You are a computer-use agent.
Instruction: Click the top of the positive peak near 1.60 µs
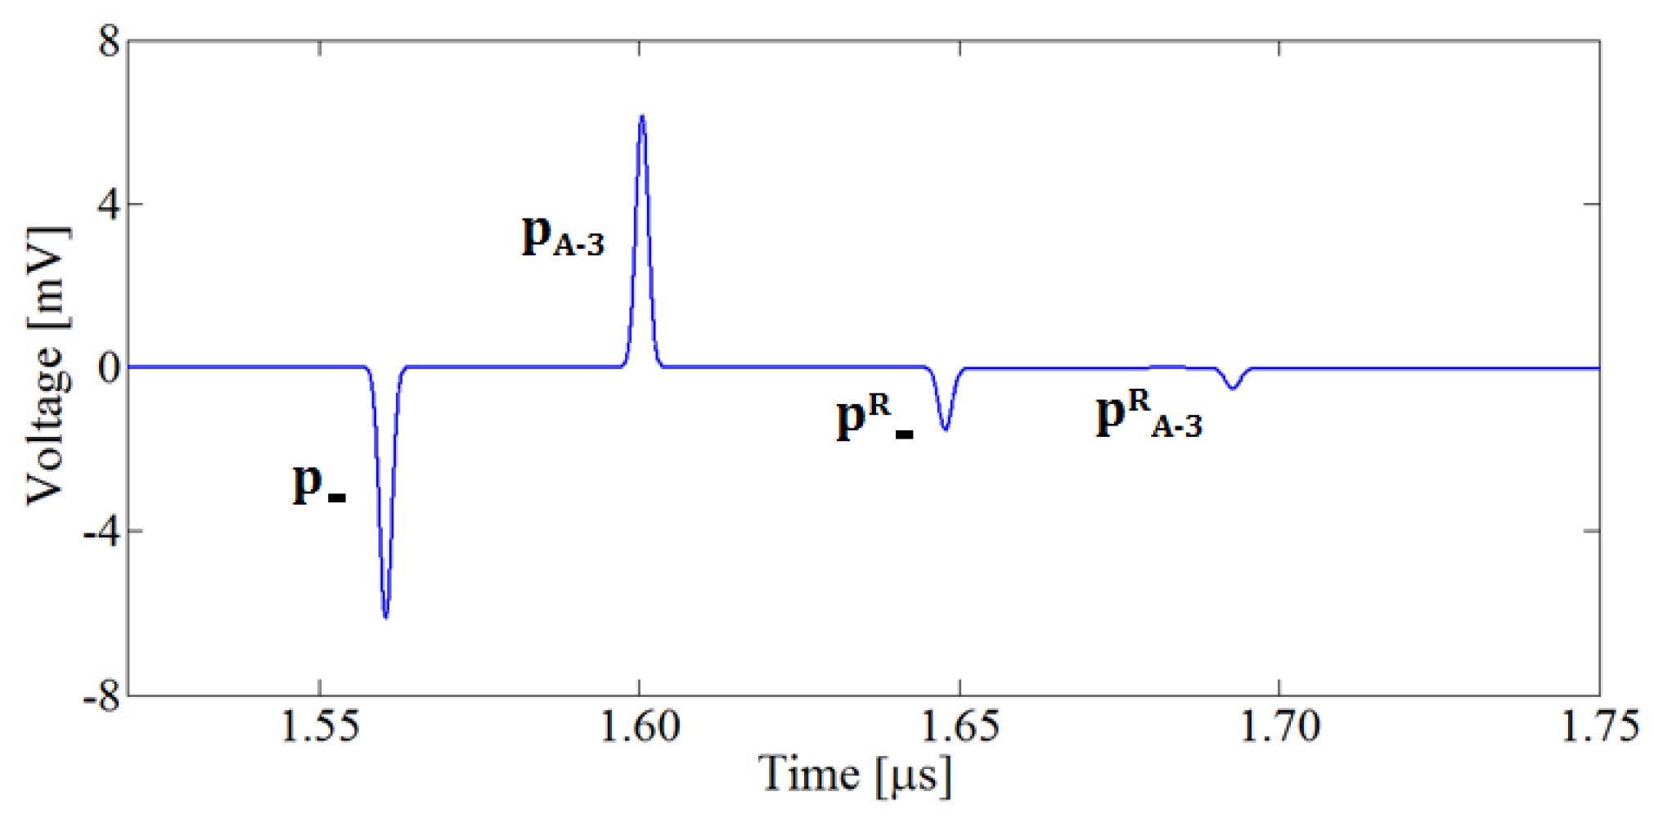[x=642, y=116]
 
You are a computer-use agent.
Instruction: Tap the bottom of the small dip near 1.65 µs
[x=946, y=429]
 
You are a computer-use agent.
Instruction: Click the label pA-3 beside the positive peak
[x=563, y=236]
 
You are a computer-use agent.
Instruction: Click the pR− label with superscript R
[x=874, y=417]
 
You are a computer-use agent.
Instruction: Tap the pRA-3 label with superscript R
[x=1149, y=415]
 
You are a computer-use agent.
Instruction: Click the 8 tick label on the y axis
[x=109, y=41]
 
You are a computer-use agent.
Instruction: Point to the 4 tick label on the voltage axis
[x=109, y=204]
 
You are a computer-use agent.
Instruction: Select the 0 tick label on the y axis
[x=109, y=367]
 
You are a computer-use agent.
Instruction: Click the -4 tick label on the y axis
[x=100, y=531]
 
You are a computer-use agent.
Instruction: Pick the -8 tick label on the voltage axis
[x=100, y=697]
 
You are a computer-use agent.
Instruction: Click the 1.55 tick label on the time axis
[x=319, y=727]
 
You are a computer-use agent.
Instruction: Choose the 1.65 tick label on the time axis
[x=959, y=727]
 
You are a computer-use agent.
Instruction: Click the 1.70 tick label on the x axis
[x=1279, y=727]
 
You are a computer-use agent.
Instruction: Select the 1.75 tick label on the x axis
[x=1598, y=727]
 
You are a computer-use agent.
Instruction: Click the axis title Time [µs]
[x=856, y=774]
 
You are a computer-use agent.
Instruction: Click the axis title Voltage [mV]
[x=46, y=366]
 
